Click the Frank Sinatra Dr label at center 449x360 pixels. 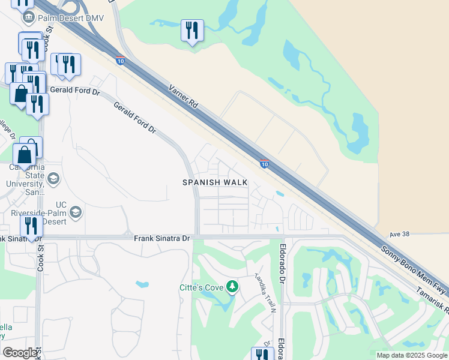point(161,238)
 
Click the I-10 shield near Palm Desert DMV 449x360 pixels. point(120,60)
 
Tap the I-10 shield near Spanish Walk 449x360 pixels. point(264,163)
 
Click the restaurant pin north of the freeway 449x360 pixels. point(192,31)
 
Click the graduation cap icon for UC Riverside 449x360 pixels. point(76,212)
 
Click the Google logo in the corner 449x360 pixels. point(20,353)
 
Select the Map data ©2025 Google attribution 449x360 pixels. point(412,355)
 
